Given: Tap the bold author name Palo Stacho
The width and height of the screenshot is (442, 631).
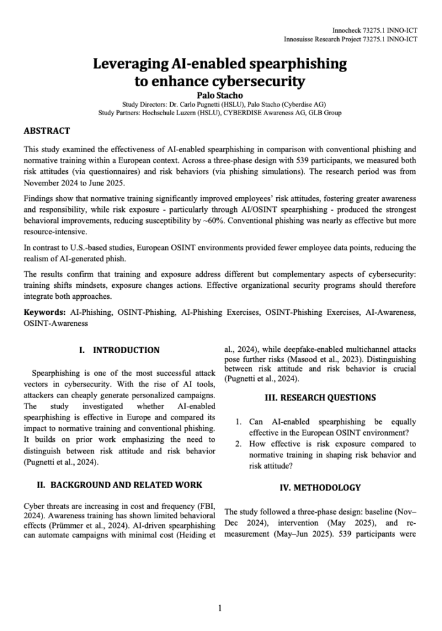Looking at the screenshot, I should pos(220,95).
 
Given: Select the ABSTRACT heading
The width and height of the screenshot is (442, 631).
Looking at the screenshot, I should pos(46,131).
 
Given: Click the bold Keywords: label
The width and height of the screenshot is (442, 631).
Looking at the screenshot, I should pos(44,312).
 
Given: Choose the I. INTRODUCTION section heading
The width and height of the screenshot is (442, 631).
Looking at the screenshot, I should pos(119,350).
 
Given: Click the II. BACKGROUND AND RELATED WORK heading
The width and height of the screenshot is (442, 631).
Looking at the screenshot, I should pos(119,484).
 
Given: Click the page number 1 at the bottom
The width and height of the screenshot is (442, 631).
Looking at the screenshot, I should pos(220,609).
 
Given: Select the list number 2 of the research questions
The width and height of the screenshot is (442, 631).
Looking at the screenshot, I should pos(239,444).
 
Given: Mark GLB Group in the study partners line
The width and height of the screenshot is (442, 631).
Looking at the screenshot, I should pos(325,113).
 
